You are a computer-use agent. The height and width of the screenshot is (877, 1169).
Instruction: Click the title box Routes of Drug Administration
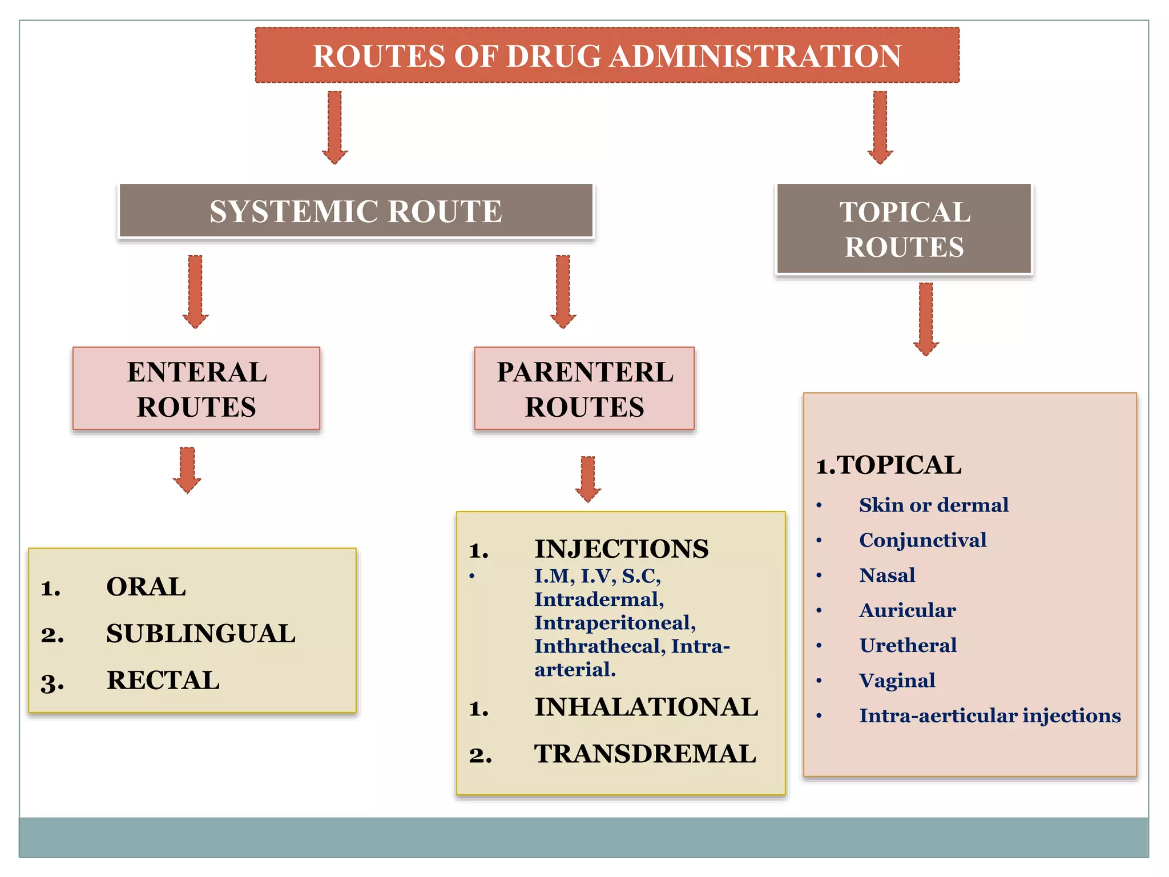pos(607,55)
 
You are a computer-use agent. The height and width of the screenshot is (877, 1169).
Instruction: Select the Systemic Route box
pos(356,211)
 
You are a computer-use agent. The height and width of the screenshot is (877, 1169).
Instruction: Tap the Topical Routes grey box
pos(904,229)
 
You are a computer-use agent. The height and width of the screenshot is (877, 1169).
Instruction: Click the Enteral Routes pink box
pos(196,389)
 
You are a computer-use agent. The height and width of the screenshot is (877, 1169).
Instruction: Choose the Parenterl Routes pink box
pos(584,389)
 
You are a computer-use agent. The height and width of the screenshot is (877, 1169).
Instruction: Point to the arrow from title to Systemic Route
pos(335,127)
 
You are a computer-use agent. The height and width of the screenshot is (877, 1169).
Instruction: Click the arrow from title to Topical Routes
pos(880,127)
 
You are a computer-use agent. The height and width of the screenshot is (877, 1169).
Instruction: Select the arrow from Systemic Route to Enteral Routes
pos(195,291)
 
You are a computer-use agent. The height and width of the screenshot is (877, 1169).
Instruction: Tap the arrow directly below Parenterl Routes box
pos(588,478)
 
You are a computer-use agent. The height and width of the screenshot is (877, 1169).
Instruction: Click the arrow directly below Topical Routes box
pos(926,319)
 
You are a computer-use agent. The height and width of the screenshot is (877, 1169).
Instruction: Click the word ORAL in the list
pos(146,587)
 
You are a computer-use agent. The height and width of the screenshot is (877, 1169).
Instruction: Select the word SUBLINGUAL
pos(201,634)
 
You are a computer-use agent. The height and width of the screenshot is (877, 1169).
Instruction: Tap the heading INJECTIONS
pos(621,549)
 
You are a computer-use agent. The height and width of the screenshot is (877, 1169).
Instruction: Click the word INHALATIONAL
pos(646,707)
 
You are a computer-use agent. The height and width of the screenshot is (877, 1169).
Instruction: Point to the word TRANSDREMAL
pos(645,754)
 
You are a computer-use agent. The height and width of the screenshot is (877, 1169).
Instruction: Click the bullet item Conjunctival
pos(922,540)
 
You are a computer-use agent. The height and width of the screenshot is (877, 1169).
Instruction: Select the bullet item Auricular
pos(908,610)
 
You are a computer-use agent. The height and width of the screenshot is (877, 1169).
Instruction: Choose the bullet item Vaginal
pos(897,681)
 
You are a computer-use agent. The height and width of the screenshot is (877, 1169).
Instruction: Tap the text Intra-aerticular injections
pos(990,716)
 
